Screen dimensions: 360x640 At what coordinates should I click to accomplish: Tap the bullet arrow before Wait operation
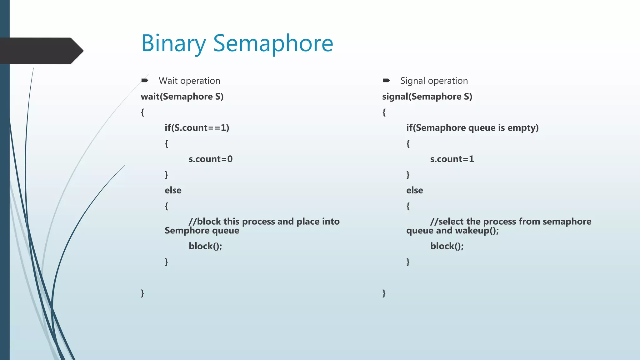tap(144, 81)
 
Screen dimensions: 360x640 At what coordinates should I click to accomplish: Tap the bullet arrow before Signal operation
tap(386, 81)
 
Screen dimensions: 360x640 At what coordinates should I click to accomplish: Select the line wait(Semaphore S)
tap(182, 97)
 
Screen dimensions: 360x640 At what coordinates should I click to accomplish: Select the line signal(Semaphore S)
tap(427, 97)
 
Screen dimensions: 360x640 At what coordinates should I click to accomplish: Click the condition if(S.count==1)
tap(197, 128)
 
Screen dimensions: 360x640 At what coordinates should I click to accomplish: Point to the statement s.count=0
tap(210, 159)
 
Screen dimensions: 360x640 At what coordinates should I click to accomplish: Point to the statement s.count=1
tap(452, 159)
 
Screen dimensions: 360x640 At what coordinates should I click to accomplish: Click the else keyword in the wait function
tap(173, 190)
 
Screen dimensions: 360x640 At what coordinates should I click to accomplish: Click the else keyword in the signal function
tap(414, 190)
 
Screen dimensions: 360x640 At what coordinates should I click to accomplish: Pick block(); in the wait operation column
tap(205, 246)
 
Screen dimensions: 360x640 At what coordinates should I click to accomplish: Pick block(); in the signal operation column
tap(447, 246)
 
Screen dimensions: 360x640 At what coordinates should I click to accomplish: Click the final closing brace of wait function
tap(142, 293)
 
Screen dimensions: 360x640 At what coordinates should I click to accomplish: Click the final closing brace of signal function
tap(384, 293)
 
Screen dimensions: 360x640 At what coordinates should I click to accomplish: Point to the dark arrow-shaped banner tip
tap(78, 51)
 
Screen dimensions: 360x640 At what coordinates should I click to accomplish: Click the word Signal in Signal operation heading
tap(412, 81)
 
